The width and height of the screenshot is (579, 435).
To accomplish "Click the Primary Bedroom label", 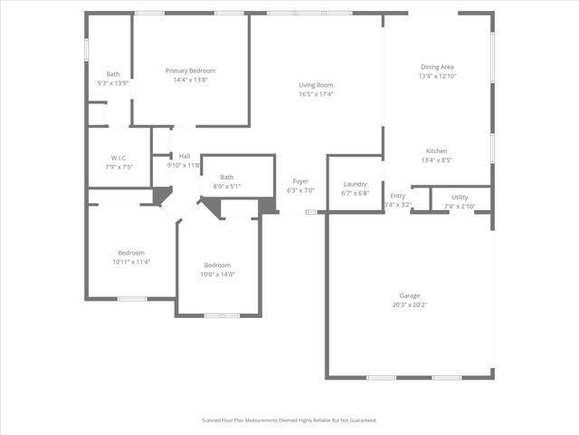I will point(190,71).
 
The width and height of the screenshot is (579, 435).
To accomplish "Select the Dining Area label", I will point(437,67).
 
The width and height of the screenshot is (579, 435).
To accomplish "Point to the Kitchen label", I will point(437,151).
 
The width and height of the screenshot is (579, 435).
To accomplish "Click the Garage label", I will point(410,295).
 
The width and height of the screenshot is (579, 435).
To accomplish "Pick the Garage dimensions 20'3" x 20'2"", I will point(410,304).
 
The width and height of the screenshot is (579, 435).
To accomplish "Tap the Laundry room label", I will point(355,184).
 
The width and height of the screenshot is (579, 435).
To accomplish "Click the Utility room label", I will point(460,197).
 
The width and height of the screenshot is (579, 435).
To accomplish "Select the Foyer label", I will point(300,181).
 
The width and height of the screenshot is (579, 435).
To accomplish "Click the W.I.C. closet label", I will point(119,158).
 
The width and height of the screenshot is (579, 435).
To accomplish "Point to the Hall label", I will point(185,156).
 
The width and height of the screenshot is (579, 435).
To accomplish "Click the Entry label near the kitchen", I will point(398,196).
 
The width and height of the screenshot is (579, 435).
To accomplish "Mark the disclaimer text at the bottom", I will point(289,420).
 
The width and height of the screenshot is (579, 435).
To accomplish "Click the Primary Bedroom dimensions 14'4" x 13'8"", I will point(190,80).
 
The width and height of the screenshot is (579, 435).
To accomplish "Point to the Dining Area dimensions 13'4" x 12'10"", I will point(437,76).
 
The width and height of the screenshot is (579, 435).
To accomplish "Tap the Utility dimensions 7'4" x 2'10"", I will point(460,206).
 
